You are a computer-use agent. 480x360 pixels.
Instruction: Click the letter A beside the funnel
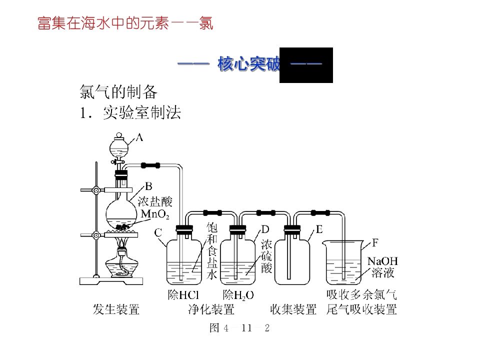139,137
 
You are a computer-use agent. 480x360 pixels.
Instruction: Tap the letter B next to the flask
148,186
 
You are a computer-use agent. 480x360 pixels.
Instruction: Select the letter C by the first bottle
158,233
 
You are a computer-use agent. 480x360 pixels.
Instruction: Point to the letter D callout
265,229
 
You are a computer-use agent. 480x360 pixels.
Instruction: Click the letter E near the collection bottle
319,229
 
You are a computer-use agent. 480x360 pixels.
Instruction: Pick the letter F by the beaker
375,243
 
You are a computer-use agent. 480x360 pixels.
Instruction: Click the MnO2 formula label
155,214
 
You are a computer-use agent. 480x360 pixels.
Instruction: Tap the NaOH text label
382,261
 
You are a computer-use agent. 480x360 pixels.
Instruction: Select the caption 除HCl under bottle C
183,295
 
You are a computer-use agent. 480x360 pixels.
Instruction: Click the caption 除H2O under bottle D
238,295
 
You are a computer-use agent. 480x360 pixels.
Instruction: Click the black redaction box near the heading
306,65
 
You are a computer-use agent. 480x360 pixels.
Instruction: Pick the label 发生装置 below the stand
116,309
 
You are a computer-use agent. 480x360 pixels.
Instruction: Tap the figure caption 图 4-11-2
239,328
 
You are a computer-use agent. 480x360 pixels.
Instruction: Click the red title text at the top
125,23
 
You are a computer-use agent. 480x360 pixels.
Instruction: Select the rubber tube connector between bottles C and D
212,213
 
